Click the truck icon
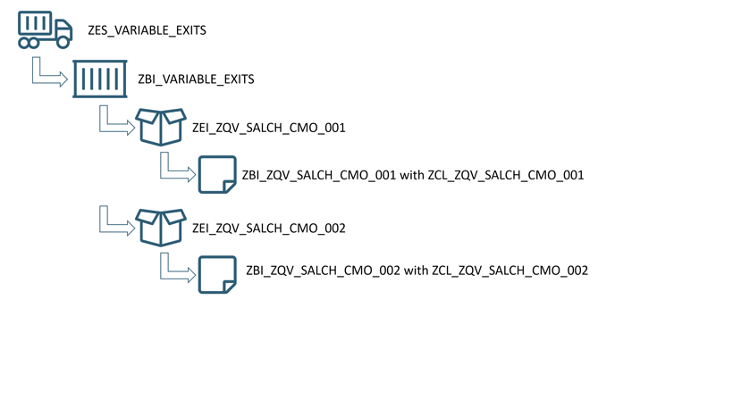coord(45,30)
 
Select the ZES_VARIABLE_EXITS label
coord(147,30)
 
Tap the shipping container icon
coord(100,79)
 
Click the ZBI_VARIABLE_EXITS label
coord(196,79)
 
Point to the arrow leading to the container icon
coord(49,73)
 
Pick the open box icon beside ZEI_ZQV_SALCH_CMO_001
coord(161,127)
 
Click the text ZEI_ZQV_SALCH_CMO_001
coord(268,128)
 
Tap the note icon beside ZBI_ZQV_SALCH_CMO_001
coord(216,175)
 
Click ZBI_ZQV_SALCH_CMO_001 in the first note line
coord(319,176)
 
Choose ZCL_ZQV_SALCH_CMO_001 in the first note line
coord(508,176)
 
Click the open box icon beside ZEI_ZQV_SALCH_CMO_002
coord(161,227)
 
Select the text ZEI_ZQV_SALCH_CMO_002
coord(268,229)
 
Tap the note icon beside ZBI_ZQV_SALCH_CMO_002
coord(216,275)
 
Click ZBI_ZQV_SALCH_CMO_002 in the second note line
coord(323,270)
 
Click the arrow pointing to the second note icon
coord(177,268)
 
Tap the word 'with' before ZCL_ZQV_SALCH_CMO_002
coord(417,270)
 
